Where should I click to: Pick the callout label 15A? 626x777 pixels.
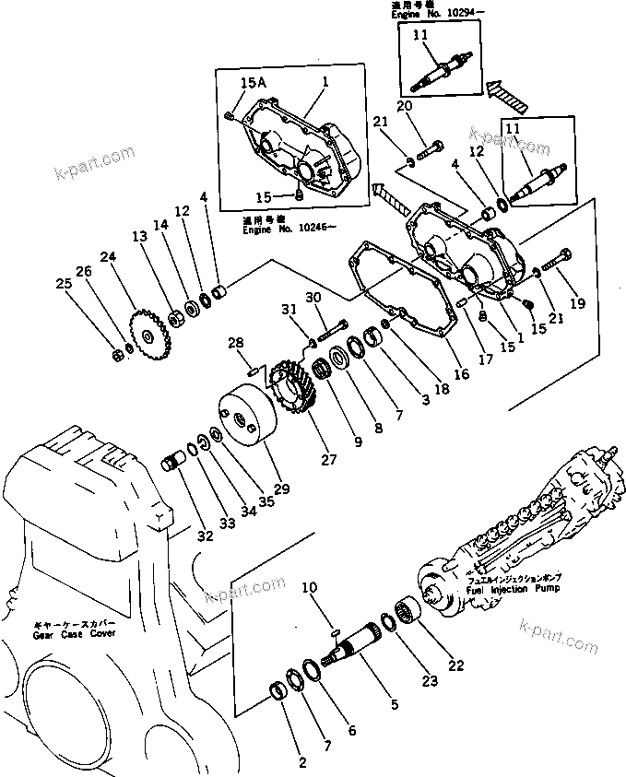point(253,83)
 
